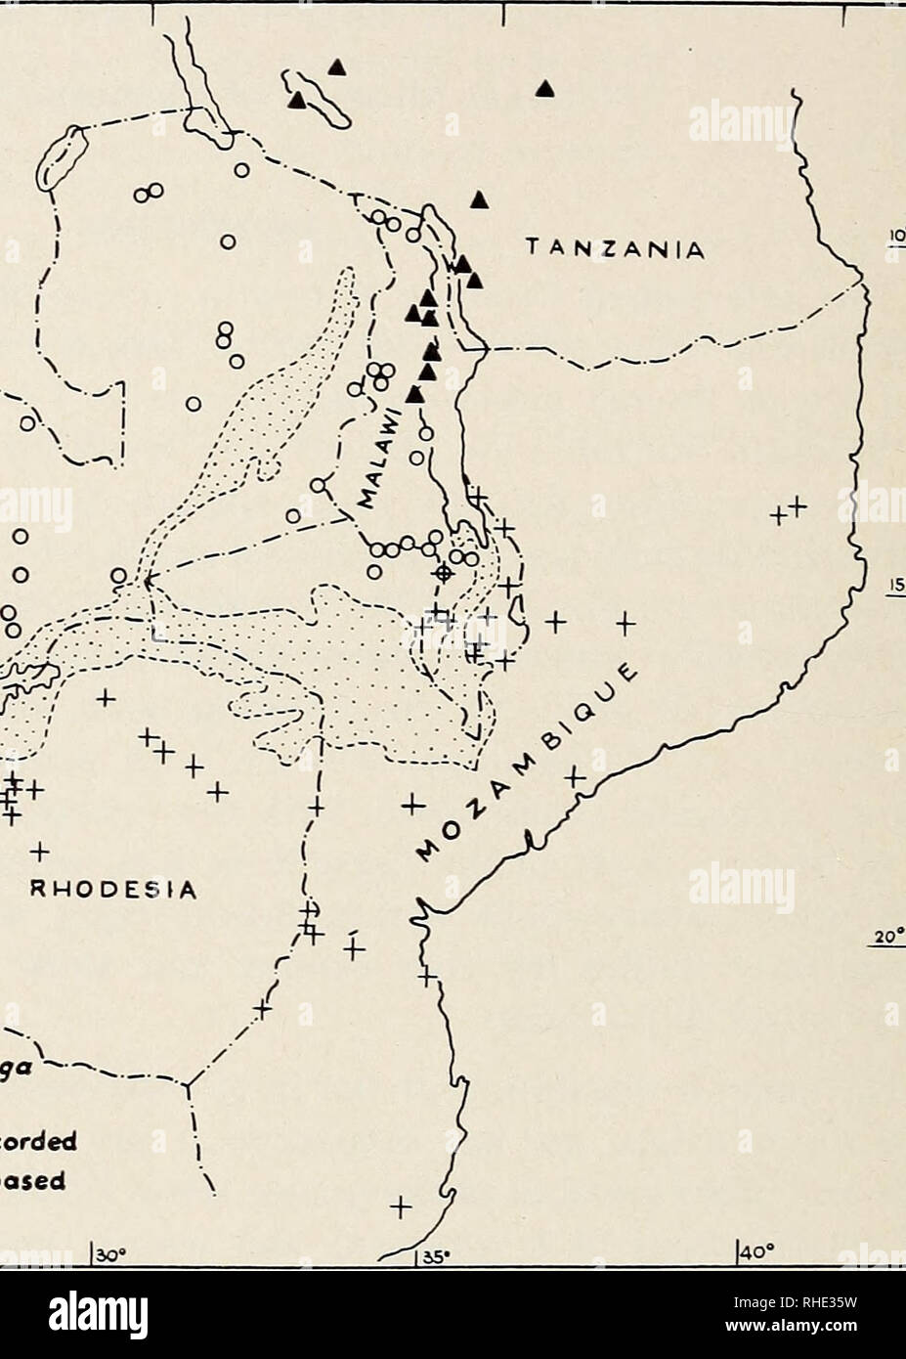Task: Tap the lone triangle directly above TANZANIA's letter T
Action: pyautogui.click(x=478, y=199)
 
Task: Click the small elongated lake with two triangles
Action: pyautogui.click(x=320, y=98)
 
